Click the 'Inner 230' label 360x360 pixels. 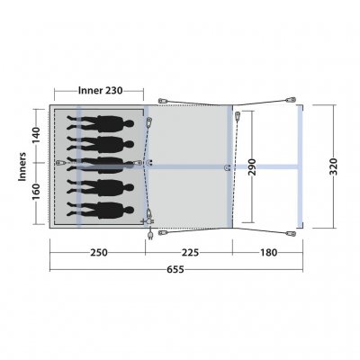(x=99, y=91)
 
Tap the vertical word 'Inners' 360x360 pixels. (x=21, y=166)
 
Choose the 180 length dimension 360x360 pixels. (x=267, y=252)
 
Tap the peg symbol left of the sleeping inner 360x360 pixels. (x=59, y=163)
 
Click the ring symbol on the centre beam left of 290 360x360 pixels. (x=225, y=166)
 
